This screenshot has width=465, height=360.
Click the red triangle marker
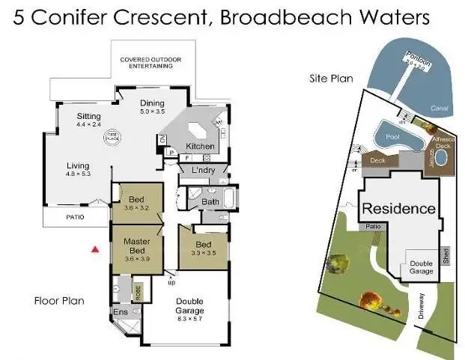94,248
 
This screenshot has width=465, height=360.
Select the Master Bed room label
136,246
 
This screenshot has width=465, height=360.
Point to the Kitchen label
200,146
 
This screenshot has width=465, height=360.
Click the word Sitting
88,116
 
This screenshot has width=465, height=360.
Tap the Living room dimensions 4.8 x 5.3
78,174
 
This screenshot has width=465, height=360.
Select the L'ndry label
203,172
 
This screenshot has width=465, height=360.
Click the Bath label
210,201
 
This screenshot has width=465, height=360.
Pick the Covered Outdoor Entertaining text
152,63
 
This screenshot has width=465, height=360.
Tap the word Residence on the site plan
398,208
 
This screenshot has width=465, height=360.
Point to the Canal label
440,108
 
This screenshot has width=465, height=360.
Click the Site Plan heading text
330,78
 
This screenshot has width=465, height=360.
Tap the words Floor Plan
59,301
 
